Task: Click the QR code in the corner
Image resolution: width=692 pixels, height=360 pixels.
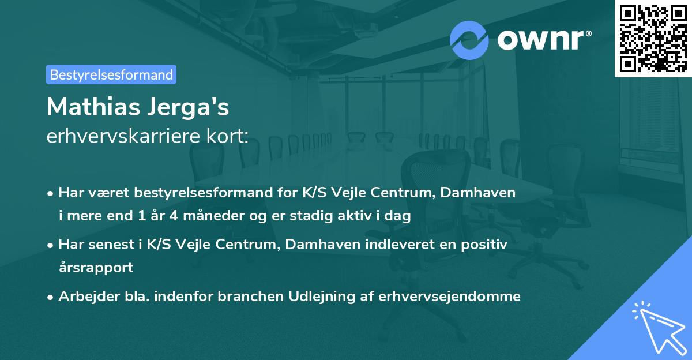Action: [652, 38]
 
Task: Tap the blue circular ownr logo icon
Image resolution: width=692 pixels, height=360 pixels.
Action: [469, 40]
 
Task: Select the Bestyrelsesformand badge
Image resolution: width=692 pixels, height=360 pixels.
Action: [111, 74]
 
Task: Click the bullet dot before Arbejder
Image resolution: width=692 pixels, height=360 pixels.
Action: [51, 297]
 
